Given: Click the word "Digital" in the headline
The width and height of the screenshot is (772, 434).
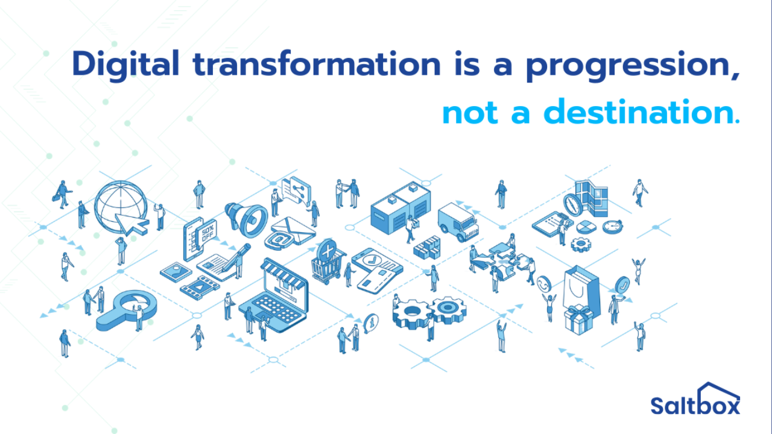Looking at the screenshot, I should (125, 64).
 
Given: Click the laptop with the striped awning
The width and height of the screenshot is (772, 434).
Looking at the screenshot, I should (274, 295).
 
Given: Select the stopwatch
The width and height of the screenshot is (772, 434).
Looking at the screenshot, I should (612, 226).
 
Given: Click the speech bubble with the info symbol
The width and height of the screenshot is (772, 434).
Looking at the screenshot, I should (372, 322).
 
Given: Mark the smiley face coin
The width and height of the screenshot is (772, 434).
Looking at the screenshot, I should (543, 282).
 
